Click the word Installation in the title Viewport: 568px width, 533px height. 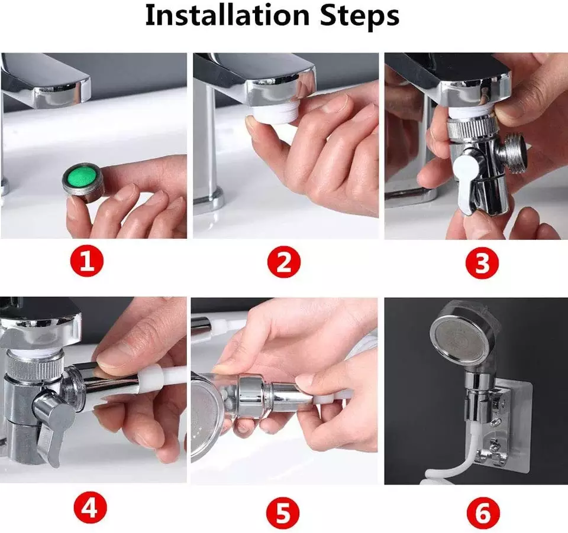click(x=227, y=15)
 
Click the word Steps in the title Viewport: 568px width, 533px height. click(x=360, y=17)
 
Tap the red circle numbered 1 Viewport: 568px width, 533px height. click(x=86, y=261)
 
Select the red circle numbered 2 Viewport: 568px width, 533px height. click(x=284, y=262)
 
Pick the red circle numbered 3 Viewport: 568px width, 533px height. click(x=482, y=262)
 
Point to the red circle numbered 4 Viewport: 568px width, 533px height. click(x=90, y=508)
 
